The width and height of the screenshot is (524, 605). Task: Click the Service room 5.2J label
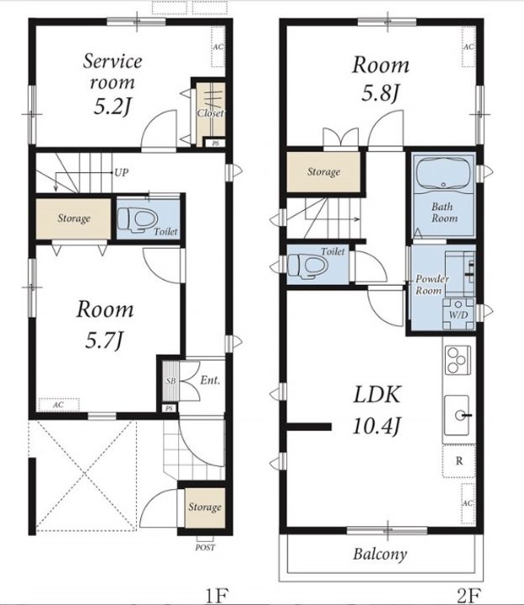(x=113, y=84)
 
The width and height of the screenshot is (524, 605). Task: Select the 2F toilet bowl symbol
(x=307, y=265)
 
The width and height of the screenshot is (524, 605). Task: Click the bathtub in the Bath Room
(x=444, y=173)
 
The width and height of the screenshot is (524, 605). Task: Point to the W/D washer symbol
(x=458, y=314)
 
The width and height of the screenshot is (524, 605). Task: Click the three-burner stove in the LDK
(x=458, y=360)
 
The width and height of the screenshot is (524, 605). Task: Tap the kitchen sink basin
(x=457, y=415)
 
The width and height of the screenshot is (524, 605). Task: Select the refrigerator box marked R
(x=458, y=461)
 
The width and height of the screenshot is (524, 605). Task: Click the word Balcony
(x=380, y=554)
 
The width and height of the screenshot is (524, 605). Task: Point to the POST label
(x=205, y=547)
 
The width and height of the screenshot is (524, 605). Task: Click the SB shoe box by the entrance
(x=170, y=381)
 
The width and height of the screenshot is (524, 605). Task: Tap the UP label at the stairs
(x=122, y=172)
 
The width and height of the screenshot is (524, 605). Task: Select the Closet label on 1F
(x=211, y=113)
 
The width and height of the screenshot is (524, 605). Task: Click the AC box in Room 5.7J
(x=59, y=405)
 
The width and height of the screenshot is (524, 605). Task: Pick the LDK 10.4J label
(x=377, y=410)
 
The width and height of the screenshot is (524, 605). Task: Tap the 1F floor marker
(x=217, y=596)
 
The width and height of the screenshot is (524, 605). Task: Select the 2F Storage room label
(x=323, y=171)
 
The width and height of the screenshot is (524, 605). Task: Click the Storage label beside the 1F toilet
(x=74, y=218)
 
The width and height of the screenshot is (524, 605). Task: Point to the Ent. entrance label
(x=210, y=381)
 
